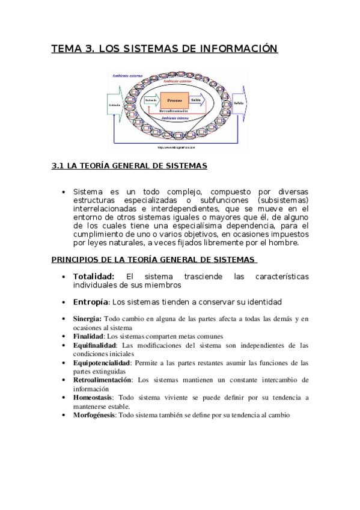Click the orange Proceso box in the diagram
[174, 100]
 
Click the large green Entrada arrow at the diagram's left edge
[115, 105]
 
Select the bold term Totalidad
[94, 276]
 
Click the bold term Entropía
[91, 301]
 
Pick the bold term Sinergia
[87, 318]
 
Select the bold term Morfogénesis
[94, 415]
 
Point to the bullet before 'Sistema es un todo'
[64, 192]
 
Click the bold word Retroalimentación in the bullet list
[103, 380]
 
